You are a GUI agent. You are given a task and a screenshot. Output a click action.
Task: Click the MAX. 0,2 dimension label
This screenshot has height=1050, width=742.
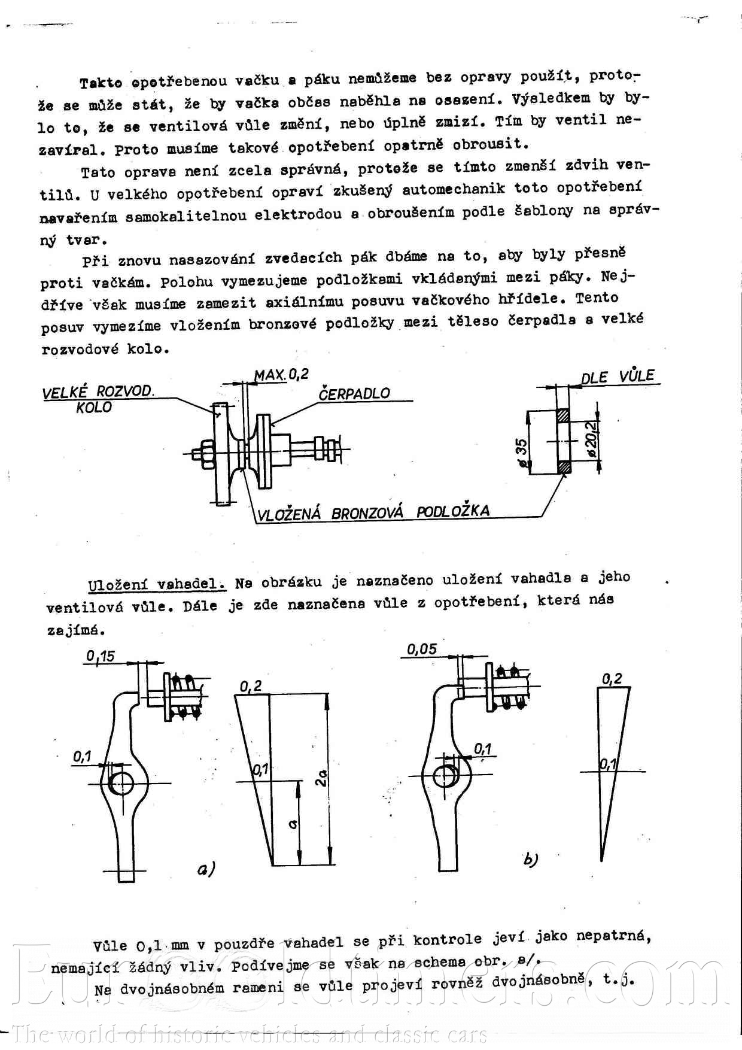pos(281,375)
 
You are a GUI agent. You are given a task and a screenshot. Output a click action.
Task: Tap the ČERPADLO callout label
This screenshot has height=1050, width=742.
pos(354,393)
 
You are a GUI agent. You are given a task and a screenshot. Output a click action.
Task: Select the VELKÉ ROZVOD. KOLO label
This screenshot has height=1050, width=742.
pos(98,399)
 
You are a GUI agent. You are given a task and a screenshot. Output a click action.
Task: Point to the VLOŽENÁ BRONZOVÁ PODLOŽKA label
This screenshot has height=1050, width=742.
pos(373,512)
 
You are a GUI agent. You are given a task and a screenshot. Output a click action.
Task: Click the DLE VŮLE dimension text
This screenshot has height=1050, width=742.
pos(618,377)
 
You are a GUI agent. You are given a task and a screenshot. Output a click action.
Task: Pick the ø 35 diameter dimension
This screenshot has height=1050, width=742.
pos(522,453)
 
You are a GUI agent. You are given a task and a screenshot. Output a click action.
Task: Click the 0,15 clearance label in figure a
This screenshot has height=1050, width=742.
pos(100,656)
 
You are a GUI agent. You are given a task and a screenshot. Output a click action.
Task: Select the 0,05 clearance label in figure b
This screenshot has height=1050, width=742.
pos(422,649)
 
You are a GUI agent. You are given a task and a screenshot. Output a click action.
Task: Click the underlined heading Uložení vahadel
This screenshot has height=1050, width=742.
pos(157,584)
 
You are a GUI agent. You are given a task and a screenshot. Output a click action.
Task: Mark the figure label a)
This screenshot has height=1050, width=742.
pos(206,869)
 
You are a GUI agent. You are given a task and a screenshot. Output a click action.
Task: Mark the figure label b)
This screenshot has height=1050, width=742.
pos(530,860)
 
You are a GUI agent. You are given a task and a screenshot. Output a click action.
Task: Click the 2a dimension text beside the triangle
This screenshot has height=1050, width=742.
pos(321,778)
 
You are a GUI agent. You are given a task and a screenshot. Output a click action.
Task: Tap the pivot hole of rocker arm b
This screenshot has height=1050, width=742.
pos(445,776)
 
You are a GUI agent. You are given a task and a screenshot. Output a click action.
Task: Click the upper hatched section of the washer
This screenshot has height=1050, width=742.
pos(564,415)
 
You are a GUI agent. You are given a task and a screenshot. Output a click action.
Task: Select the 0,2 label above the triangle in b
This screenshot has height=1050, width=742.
pos(612,678)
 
